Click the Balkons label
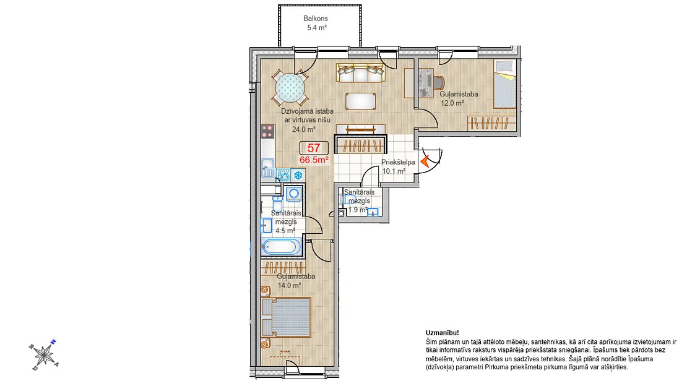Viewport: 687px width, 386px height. click(316, 19)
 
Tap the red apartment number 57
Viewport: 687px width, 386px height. click(314, 148)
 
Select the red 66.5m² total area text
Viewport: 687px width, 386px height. click(314, 160)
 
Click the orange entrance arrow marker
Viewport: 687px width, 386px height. click(425, 161)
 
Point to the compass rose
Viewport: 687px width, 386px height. click(44, 354)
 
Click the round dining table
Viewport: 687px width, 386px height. click(290, 88)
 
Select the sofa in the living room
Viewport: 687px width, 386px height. click(360, 73)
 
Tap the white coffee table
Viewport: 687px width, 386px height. click(361, 101)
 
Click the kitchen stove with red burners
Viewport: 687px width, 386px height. click(268, 131)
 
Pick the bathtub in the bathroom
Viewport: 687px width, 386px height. click(281, 247)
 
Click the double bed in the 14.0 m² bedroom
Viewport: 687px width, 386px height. click(286, 317)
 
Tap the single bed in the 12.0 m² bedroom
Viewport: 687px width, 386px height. click(505, 84)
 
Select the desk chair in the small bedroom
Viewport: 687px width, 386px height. click(439, 82)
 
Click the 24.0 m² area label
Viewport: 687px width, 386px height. click(304, 129)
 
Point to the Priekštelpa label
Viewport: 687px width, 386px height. click(398, 162)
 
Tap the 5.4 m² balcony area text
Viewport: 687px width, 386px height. click(316, 28)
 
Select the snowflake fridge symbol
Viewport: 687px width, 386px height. click(298, 176)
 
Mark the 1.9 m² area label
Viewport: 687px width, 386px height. click(358, 210)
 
